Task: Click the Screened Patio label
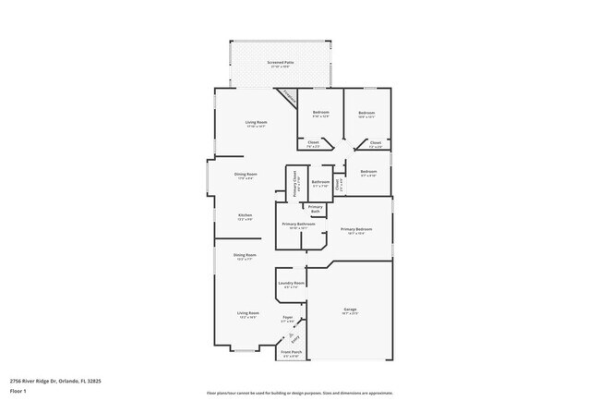(x=280, y=64)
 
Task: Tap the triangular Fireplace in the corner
(x=288, y=97)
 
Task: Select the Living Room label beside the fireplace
(x=256, y=123)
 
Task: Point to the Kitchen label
(x=246, y=216)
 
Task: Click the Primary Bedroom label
(x=356, y=230)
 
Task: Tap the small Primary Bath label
(x=315, y=209)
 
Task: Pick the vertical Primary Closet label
(x=294, y=185)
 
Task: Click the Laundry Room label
(x=292, y=284)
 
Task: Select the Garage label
(x=350, y=310)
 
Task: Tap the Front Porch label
(x=291, y=354)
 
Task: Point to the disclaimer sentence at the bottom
(x=299, y=392)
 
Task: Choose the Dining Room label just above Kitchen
(x=246, y=175)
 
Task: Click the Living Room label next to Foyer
(x=246, y=314)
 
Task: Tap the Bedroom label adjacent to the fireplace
(x=320, y=114)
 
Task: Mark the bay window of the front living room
(x=246, y=350)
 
